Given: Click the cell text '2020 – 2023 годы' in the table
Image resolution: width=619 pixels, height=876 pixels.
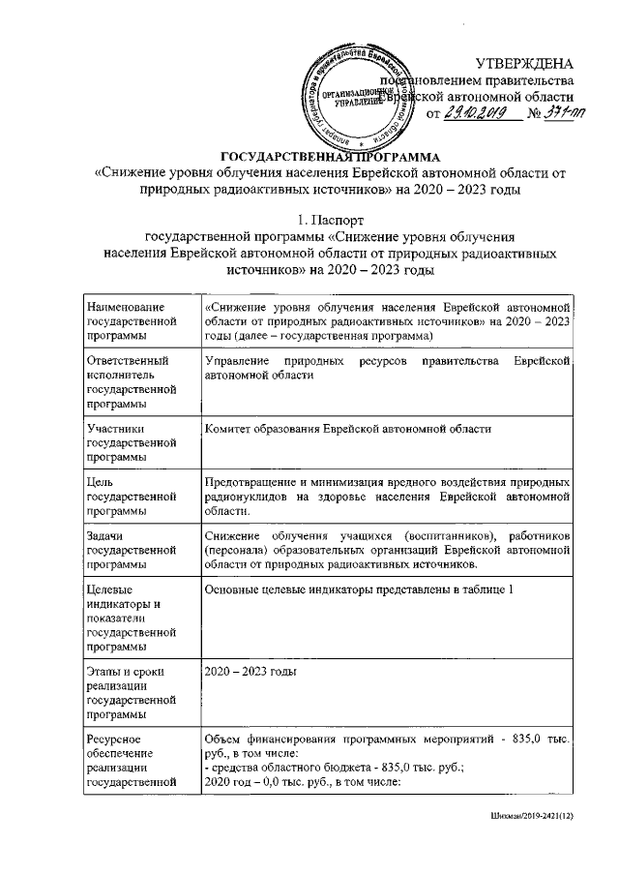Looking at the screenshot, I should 250,671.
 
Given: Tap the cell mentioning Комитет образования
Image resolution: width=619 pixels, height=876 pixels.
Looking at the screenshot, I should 349,427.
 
